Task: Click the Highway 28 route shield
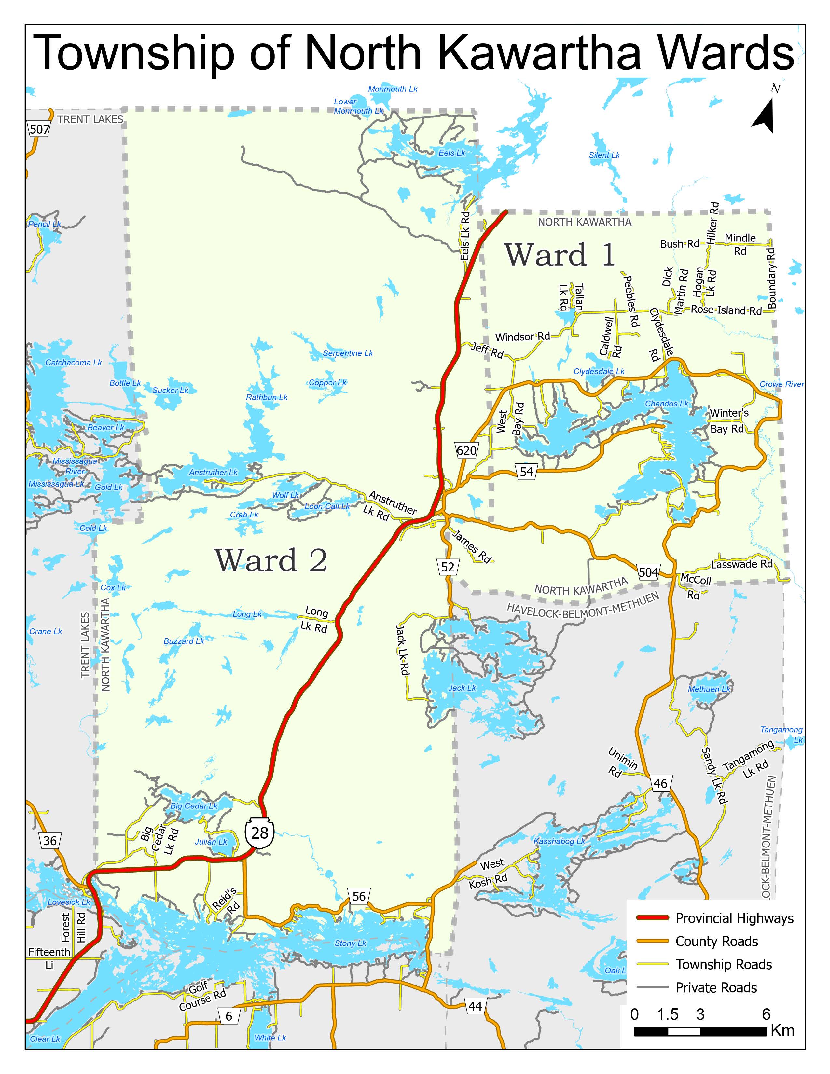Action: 260,833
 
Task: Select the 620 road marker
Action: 466,450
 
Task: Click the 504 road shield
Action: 649,572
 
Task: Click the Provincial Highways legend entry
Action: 734,918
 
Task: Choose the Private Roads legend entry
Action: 716,987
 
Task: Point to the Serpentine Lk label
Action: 348,353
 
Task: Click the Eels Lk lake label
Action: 452,153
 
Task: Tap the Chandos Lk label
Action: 667,404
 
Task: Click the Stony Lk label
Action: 350,943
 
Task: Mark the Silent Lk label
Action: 604,155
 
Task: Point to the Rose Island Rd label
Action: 726,310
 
